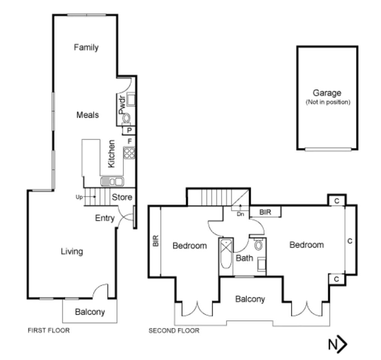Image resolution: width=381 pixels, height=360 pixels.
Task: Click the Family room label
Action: pos(86,47)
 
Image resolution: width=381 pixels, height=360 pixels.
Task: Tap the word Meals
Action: pos(87,115)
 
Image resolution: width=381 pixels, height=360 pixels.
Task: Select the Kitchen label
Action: pos(111,154)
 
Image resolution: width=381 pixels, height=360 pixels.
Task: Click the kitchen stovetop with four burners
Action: pos(129,153)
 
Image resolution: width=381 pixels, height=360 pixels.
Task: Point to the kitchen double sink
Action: pos(112,181)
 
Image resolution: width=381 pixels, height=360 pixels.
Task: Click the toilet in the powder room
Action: pos(126,118)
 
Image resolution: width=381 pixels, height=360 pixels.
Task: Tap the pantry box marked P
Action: pos(129,130)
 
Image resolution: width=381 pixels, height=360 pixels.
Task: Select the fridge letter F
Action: pos(130,141)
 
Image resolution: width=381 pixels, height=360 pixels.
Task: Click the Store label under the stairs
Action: pos(122,197)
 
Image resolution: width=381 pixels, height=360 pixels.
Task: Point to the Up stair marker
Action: pos(79,197)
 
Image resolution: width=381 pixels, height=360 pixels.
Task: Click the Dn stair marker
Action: pos(240,214)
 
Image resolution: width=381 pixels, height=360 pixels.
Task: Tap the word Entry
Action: pos(105,218)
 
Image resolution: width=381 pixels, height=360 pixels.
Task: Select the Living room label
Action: pos(72,252)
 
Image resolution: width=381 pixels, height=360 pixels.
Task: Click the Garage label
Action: pos(327,93)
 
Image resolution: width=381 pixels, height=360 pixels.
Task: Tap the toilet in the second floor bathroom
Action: pos(259,245)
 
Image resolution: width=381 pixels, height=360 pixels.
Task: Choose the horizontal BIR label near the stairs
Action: pos(265,212)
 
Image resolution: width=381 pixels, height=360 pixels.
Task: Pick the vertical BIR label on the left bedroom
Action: pos(156,241)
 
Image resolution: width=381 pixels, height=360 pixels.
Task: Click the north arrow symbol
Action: pos(337,344)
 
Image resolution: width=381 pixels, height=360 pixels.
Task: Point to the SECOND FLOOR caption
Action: pos(174,331)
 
